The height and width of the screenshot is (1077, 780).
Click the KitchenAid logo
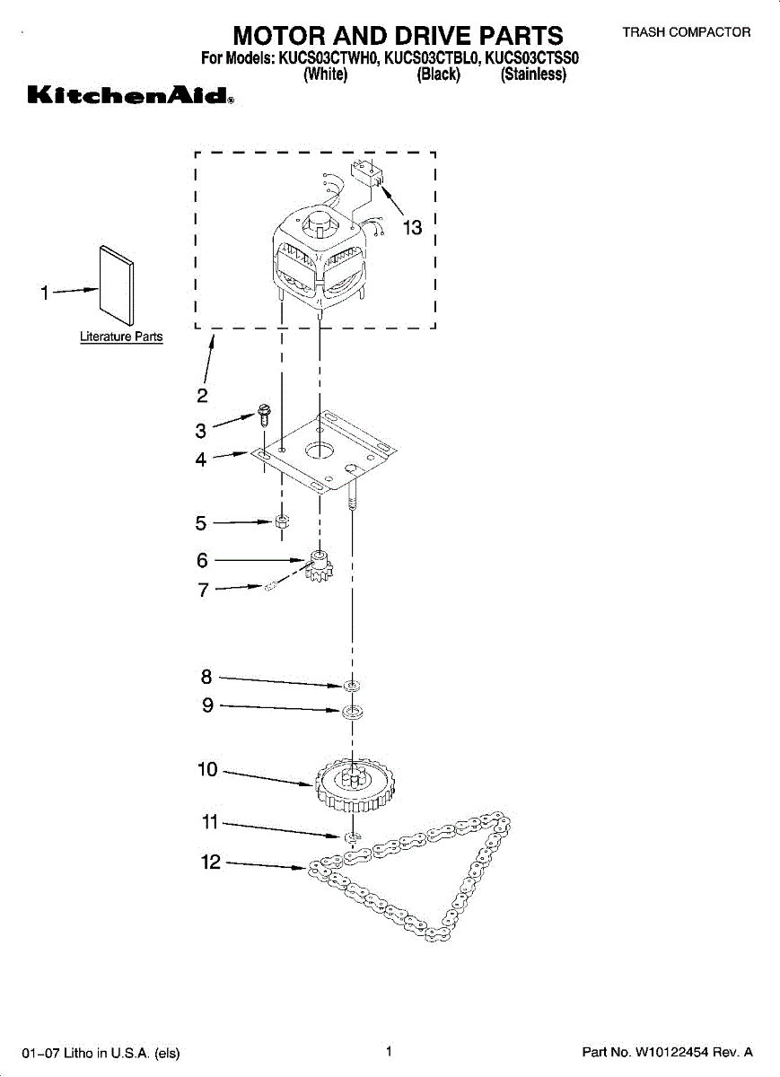(131, 95)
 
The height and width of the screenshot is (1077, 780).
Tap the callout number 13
(412, 228)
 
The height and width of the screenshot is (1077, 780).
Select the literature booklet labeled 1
(117, 286)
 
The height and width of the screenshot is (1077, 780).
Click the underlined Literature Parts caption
(121, 337)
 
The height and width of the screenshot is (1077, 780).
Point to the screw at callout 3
(263, 415)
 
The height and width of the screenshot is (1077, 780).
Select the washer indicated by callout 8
(353, 685)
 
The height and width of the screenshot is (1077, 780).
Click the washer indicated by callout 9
(353, 711)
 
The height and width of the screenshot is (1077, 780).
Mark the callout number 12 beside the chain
(210, 862)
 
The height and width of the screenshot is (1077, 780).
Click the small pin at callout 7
(270, 586)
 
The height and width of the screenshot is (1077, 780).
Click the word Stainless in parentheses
(533, 74)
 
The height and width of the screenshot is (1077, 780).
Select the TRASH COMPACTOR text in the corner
(687, 32)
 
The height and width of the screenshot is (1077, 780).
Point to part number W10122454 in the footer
(672, 1052)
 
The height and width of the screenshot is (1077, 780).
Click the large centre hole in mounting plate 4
(319, 450)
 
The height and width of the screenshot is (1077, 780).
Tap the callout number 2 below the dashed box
(203, 395)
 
